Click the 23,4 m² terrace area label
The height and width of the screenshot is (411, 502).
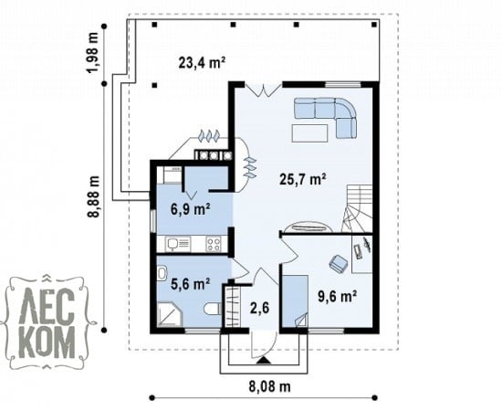click(x=202, y=63)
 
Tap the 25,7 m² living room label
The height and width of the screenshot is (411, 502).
click(x=303, y=179)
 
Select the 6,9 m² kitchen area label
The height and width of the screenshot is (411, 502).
click(x=191, y=209)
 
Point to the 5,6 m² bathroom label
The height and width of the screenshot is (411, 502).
click(x=190, y=284)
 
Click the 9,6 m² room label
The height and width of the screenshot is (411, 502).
click(x=338, y=296)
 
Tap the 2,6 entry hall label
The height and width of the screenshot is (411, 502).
click(x=259, y=308)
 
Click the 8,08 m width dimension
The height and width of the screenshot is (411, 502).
click(x=270, y=386)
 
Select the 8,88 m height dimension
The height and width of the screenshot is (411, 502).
click(x=95, y=196)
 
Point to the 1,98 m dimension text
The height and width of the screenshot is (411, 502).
click(x=94, y=53)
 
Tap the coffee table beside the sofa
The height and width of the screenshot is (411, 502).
click(x=309, y=133)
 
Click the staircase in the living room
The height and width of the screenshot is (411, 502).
click(x=358, y=209)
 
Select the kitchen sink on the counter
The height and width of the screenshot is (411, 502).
click(x=178, y=244)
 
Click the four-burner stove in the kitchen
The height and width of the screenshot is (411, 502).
click(x=214, y=244)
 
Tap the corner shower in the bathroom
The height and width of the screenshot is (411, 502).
click(x=170, y=315)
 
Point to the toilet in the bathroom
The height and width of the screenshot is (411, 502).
click(x=213, y=309)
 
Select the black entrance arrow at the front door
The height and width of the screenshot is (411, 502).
click(x=264, y=361)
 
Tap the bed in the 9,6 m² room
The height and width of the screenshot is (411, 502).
click(x=296, y=300)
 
